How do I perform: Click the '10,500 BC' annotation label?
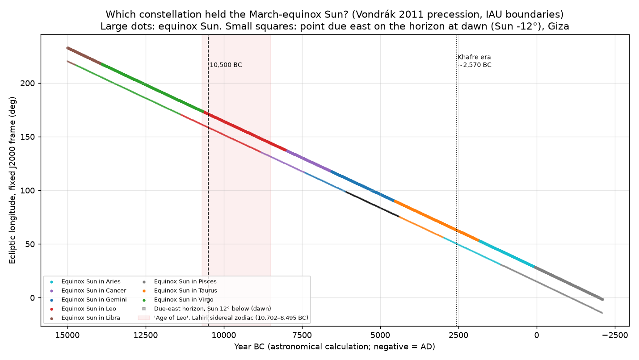coord(226,65)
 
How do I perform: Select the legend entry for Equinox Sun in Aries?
coord(85,281)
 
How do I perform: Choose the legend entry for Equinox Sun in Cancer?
coord(88,290)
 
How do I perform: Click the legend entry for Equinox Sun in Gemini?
coord(88,300)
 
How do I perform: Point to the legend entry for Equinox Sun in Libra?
coord(85,318)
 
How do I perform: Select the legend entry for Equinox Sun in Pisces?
coord(180,281)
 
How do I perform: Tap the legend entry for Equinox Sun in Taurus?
coord(180,290)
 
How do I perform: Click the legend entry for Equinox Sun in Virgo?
coord(178,300)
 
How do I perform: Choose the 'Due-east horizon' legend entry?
coord(206,309)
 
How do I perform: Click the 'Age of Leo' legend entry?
coord(223,318)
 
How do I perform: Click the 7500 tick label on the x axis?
coord(302,335)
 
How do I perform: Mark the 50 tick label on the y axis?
coord(29,244)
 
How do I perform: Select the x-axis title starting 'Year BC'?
coord(335,347)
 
